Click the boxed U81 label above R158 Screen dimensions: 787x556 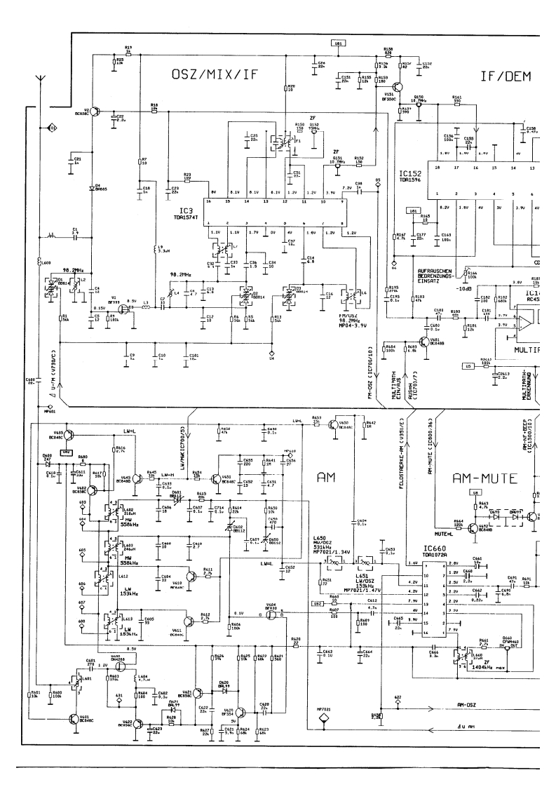[339, 43]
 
